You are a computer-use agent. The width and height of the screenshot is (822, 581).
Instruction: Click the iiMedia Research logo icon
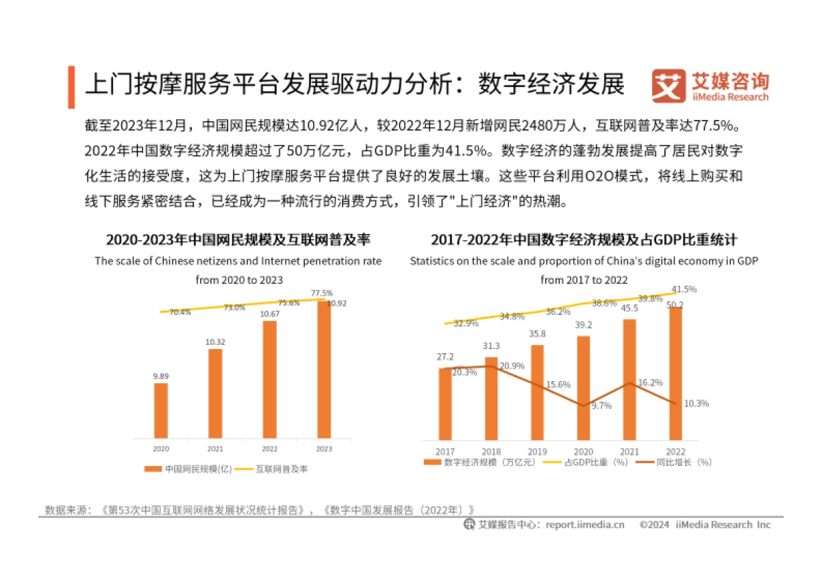[x=668, y=87]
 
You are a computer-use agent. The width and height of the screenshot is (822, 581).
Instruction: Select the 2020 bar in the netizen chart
[x=160, y=410]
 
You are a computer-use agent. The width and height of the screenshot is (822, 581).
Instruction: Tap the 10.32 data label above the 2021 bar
[x=215, y=341]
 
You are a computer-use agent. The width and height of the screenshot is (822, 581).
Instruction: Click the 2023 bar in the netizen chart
[x=323, y=370]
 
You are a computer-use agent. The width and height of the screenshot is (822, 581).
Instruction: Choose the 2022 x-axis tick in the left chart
[x=269, y=449]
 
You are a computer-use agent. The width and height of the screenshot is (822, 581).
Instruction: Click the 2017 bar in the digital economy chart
[x=445, y=403]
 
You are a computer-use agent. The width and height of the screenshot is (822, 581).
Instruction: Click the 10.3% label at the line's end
[x=696, y=404]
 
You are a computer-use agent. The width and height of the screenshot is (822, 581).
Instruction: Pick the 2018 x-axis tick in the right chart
[x=491, y=452]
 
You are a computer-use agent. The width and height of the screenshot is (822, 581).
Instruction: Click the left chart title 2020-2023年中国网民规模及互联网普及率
[x=238, y=240]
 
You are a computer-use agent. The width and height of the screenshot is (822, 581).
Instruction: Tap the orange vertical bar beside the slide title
[x=71, y=87]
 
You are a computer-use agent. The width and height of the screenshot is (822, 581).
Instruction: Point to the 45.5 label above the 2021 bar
[x=630, y=308]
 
